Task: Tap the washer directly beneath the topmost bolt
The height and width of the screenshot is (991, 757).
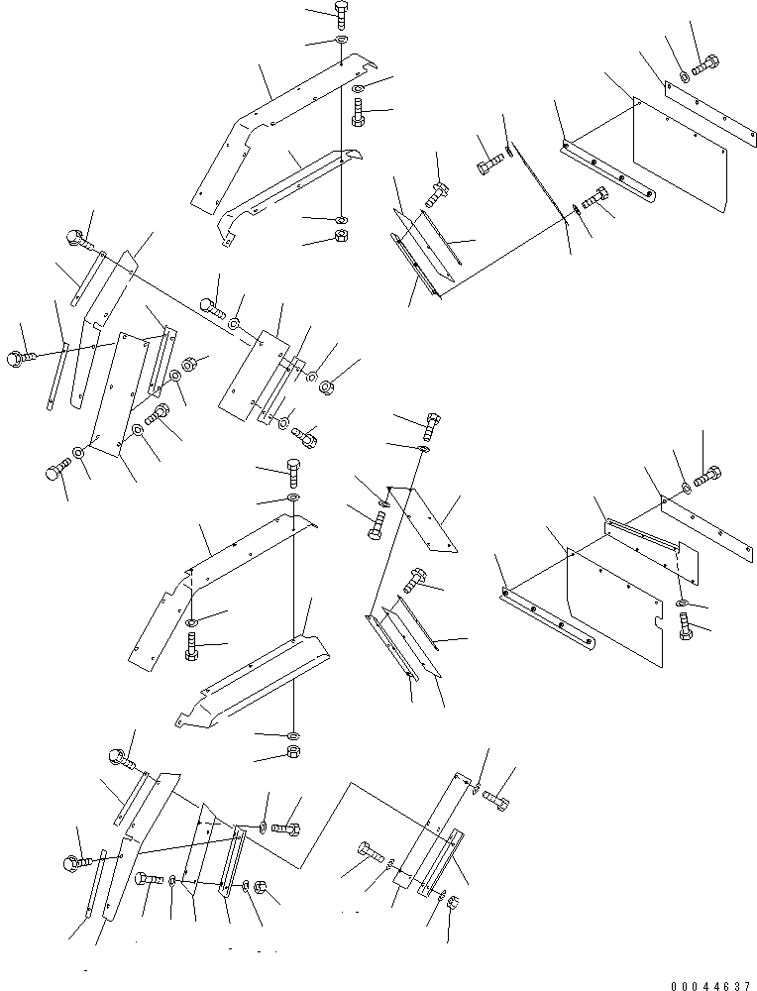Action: tap(341, 40)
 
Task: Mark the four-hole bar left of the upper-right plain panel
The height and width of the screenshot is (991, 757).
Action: tap(606, 169)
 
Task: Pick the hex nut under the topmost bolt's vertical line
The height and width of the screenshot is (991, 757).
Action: tap(340, 236)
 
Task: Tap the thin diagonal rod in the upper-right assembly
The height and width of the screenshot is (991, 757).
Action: tap(535, 188)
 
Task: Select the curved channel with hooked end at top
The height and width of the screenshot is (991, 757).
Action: tap(287, 193)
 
